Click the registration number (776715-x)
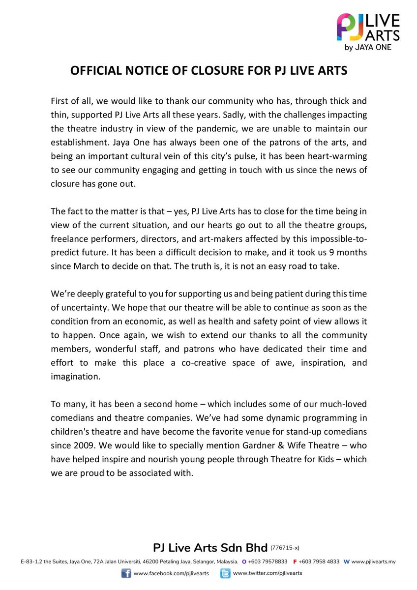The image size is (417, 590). (285, 547)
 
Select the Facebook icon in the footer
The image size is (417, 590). (126, 573)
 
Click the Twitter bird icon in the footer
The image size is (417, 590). (225, 573)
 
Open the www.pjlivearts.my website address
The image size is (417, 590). (374, 561)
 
